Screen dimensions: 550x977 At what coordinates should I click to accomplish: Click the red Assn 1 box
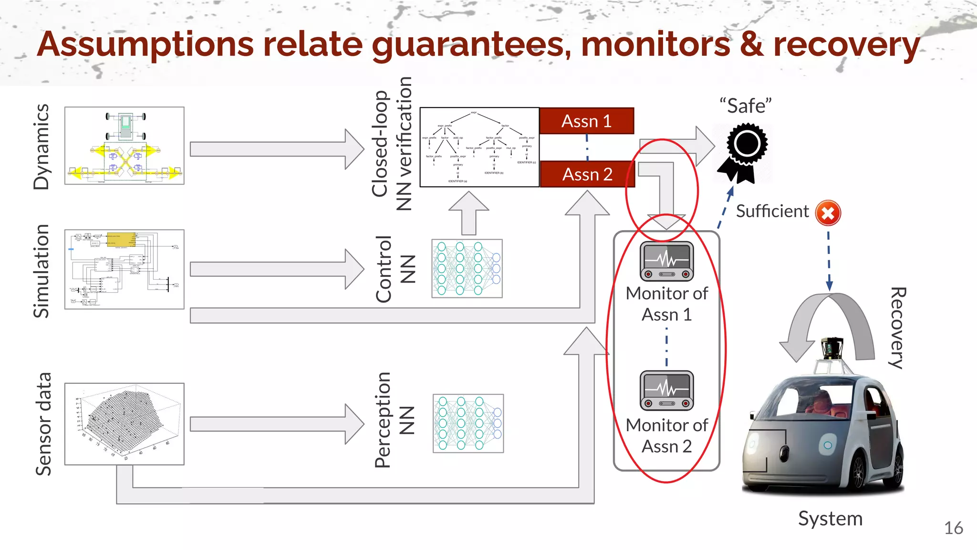tap(586, 121)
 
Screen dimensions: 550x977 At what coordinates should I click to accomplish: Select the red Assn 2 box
tap(587, 174)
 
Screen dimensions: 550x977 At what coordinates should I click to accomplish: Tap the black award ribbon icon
tap(743, 152)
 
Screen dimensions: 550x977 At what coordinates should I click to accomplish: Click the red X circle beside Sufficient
tap(828, 213)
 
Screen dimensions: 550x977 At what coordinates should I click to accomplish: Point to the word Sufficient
tap(772, 211)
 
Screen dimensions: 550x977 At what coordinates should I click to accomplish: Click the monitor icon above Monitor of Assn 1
tap(666, 261)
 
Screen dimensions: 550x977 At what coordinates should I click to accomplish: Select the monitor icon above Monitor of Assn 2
tap(666, 390)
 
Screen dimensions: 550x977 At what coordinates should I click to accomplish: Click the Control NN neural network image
tap(467, 268)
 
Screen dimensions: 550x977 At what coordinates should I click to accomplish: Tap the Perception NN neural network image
tap(468, 423)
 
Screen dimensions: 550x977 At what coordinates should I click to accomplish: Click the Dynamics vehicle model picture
tap(125, 146)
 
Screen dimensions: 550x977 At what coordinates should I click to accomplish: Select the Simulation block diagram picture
tap(125, 269)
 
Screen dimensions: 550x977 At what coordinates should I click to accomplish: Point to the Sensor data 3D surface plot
tap(125, 424)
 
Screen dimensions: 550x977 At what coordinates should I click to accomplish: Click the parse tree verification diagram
tap(479, 147)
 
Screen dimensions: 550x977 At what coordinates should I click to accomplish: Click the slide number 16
tap(953, 528)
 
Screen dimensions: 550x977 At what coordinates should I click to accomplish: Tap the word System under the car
tap(830, 518)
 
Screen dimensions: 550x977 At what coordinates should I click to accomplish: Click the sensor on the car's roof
tap(832, 349)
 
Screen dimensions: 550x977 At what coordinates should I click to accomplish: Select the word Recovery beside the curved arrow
tap(897, 328)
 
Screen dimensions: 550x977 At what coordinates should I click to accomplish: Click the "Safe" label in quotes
tap(745, 106)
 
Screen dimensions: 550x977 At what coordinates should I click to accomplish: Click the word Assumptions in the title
tap(146, 44)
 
